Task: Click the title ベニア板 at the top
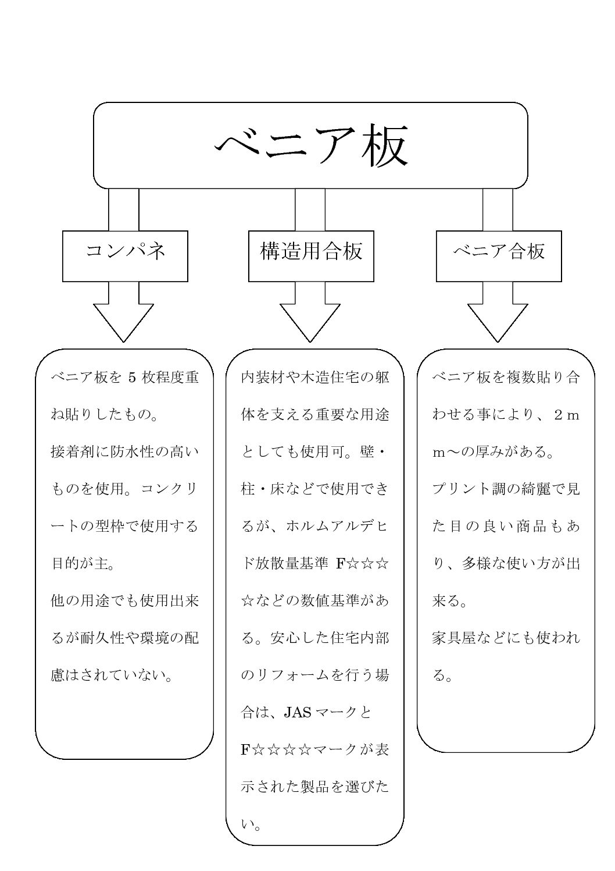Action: click(x=310, y=145)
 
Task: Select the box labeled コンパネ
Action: click(x=125, y=255)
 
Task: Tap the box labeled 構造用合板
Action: click(x=311, y=255)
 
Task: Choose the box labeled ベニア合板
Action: click(x=499, y=255)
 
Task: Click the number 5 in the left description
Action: click(x=131, y=378)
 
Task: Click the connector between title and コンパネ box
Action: click(x=124, y=209)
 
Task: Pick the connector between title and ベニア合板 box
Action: click(x=498, y=209)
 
